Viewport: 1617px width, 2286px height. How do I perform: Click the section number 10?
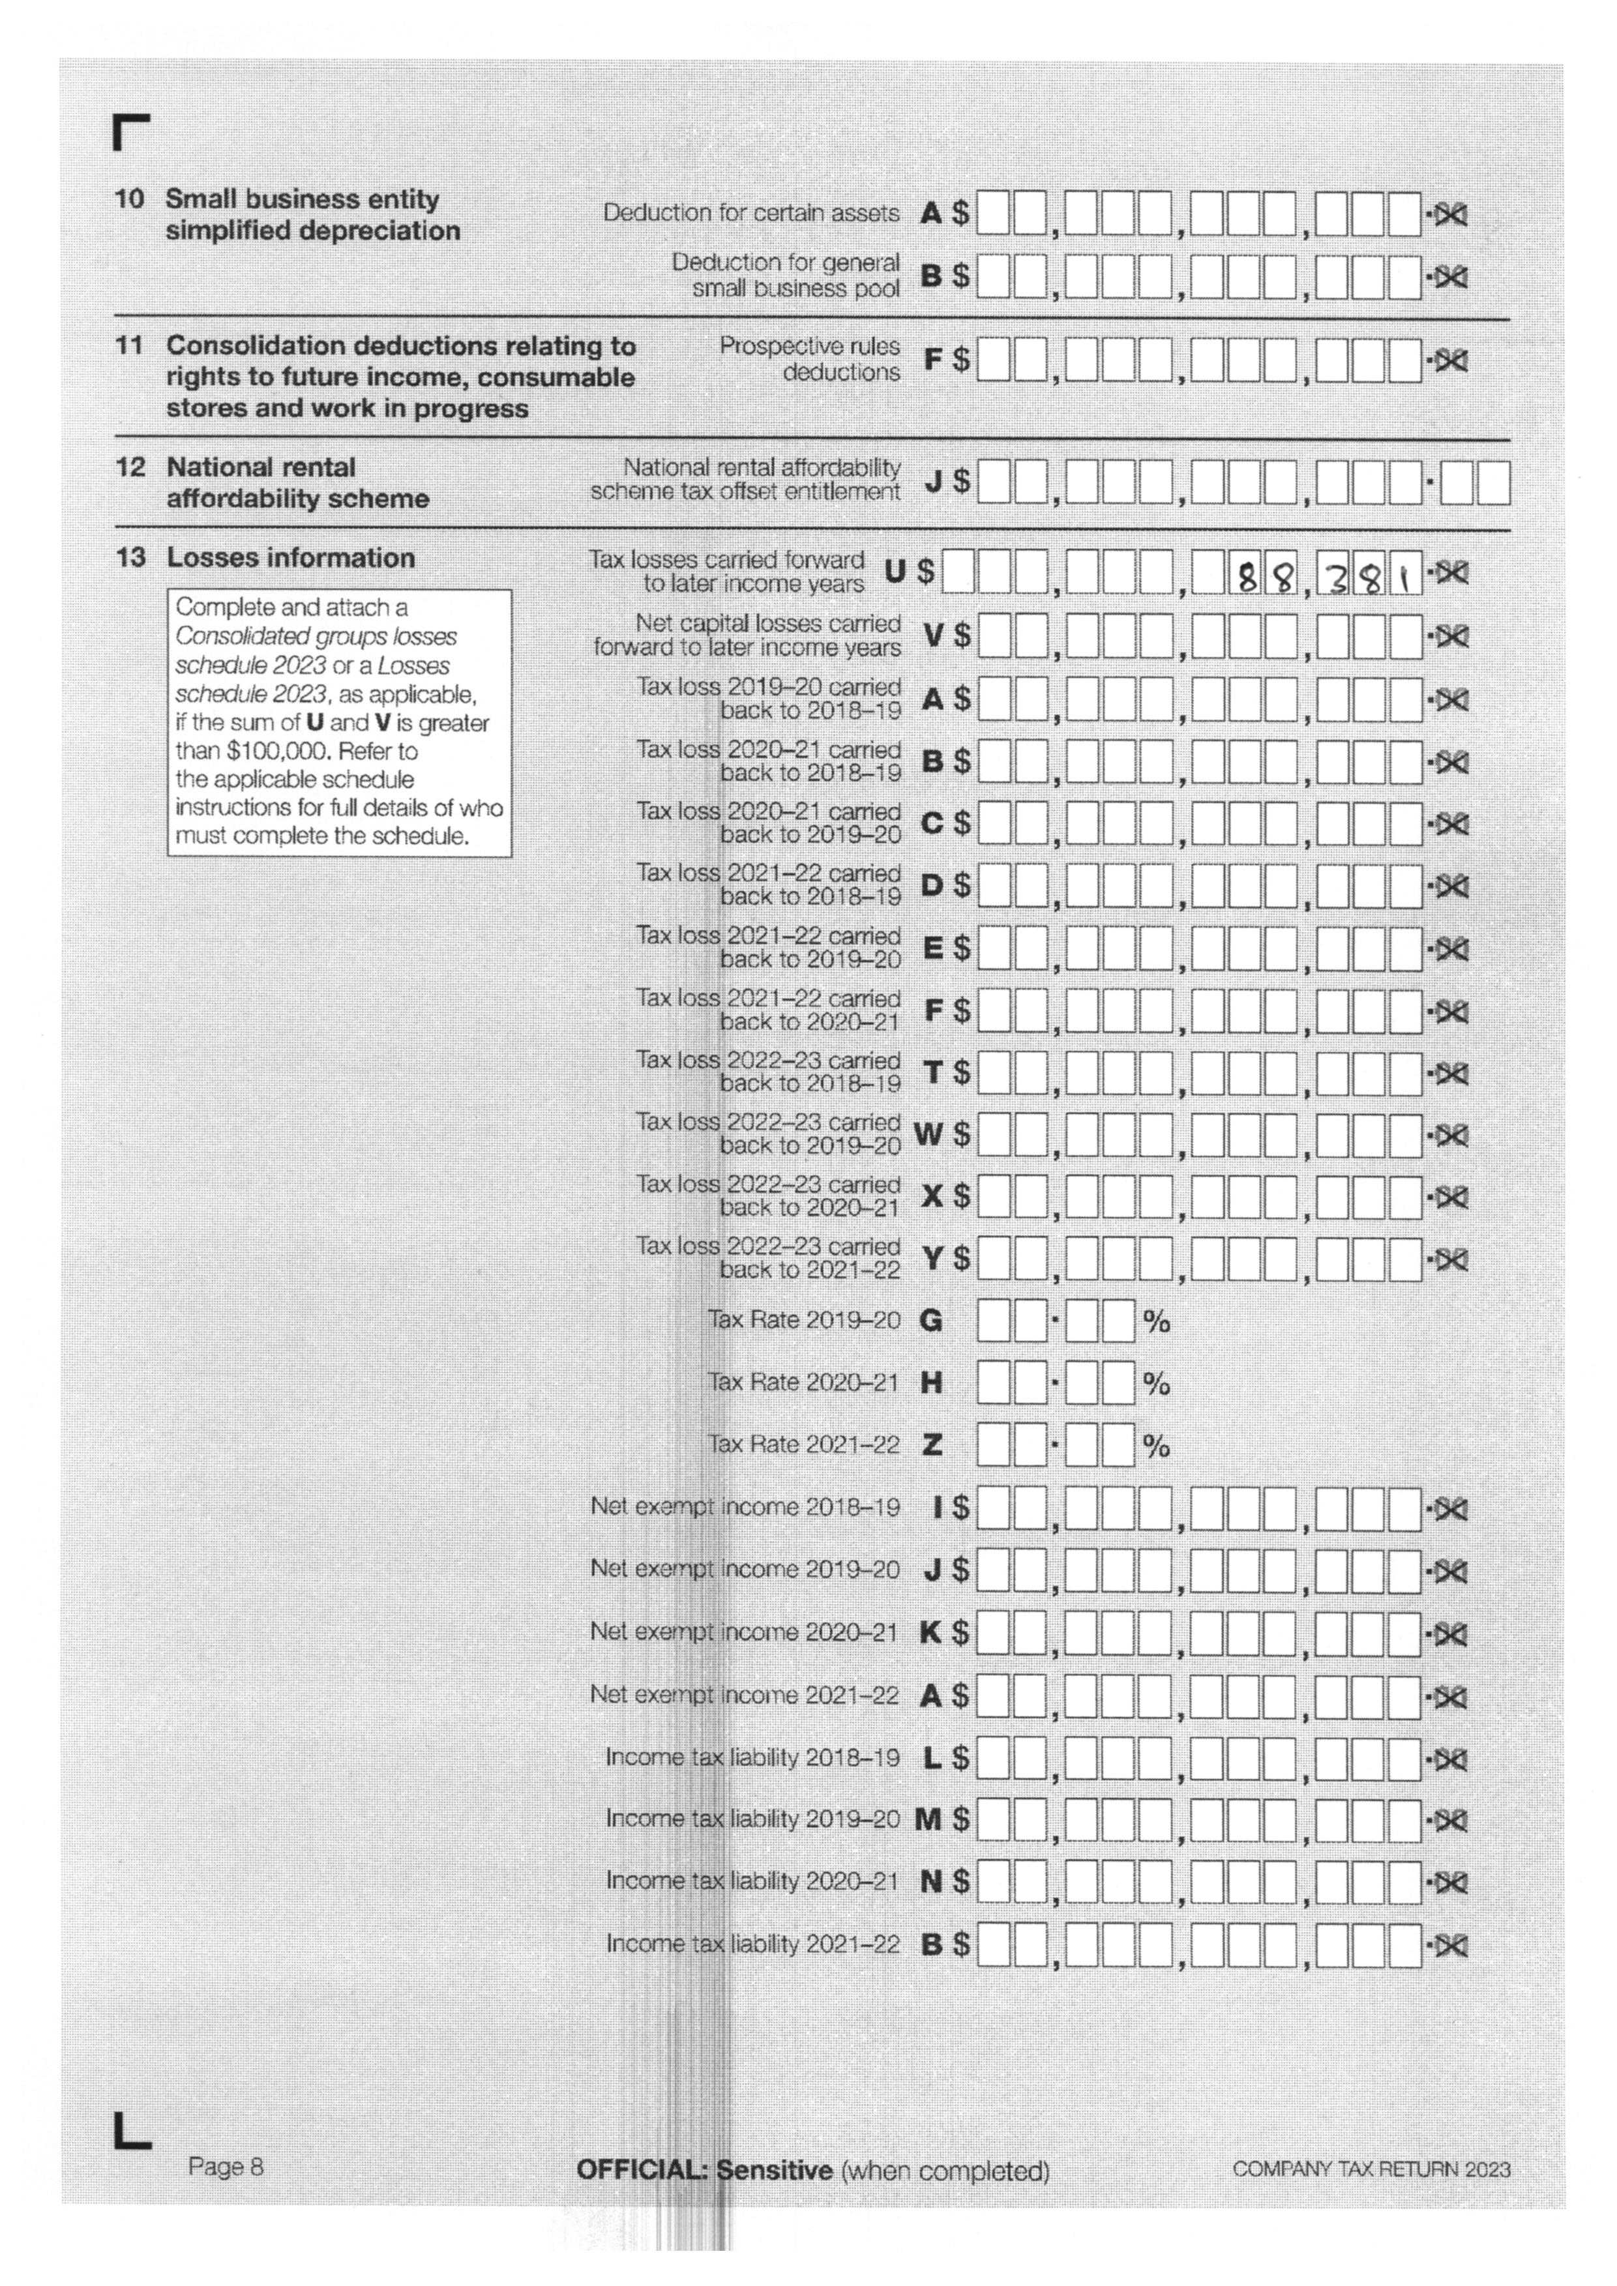[x=130, y=199]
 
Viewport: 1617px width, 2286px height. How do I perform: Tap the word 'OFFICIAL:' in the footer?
[x=644, y=2169]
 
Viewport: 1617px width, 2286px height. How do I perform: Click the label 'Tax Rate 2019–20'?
[x=803, y=1320]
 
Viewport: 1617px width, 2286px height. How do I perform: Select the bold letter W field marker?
[x=928, y=1134]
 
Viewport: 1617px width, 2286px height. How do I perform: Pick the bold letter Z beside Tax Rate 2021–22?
[x=932, y=1444]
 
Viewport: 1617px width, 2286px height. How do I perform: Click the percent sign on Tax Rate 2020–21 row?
[x=1156, y=1384]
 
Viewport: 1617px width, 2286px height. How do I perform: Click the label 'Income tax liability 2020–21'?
[x=752, y=1881]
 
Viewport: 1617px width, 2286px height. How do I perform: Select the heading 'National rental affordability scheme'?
[x=297, y=483]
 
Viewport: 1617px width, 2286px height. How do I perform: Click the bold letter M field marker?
[x=928, y=1819]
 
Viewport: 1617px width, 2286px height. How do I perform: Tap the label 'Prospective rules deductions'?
[x=810, y=359]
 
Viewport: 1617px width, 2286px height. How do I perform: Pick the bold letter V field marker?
[x=933, y=636]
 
